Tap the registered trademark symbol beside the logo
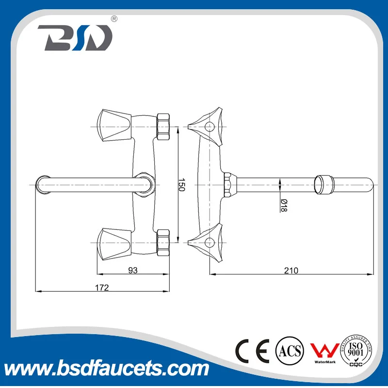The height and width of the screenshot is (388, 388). coord(114,19)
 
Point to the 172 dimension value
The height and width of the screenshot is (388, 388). coord(102,287)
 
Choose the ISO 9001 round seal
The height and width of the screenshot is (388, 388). coord(360,348)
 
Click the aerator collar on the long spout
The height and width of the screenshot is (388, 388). coord(323,184)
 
